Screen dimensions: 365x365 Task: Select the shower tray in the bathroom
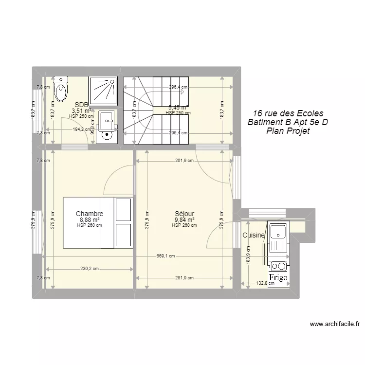pyautogui.click(x=102, y=90)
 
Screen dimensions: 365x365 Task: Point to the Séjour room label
pyautogui.click(x=184, y=214)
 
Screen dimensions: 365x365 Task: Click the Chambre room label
pyautogui.click(x=89, y=214)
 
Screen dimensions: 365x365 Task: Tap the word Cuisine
pyautogui.click(x=254, y=235)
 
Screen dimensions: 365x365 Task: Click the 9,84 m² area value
pyautogui.click(x=184, y=219)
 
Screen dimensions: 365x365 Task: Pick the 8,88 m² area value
pyautogui.click(x=89, y=219)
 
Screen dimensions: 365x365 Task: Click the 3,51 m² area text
pyautogui.click(x=81, y=110)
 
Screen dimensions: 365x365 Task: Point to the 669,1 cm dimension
pyautogui.click(x=165, y=256)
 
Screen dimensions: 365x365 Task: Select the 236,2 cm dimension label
pyautogui.click(x=89, y=268)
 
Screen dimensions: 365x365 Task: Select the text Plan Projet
pyautogui.click(x=288, y=131)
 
